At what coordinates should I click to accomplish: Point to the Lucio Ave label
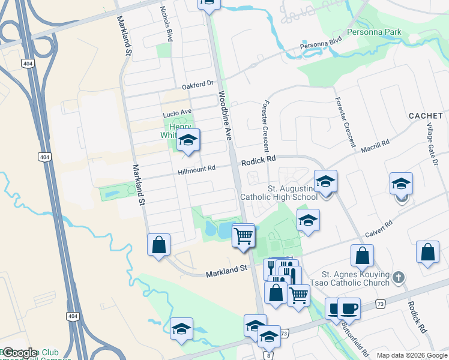click(176, 112)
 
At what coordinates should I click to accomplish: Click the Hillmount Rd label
click(196, 170)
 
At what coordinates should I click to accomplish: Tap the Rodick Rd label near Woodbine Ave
click(258, 161)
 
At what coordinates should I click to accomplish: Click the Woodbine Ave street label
click(225, 116)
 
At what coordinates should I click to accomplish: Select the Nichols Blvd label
click(166, 25)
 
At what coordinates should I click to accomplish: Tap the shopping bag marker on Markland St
click(158, 244)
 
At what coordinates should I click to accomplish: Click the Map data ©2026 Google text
click(411, 355)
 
